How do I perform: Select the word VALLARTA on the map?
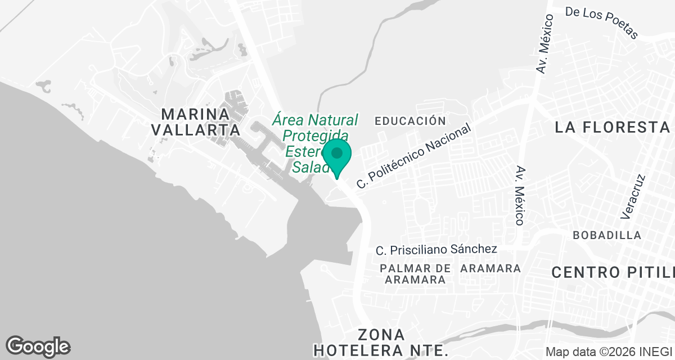pyautogui.click(x=196, y=130)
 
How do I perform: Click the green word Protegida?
pyautogui.click(x=315, y=136)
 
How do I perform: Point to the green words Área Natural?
pyautogui.click(x=315, y=120)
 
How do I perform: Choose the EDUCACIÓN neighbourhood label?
pyautogui.click(x=410, y=121)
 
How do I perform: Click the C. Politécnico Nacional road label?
pyautogui.click(x=414, y=156)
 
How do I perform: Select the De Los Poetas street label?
pyautogui.click(x=601, y=23)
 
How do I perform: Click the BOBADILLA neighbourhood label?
pyautogui.click(x=607, y=235)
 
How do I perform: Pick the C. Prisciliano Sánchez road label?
pyautogui.click(x=436, y=249)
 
